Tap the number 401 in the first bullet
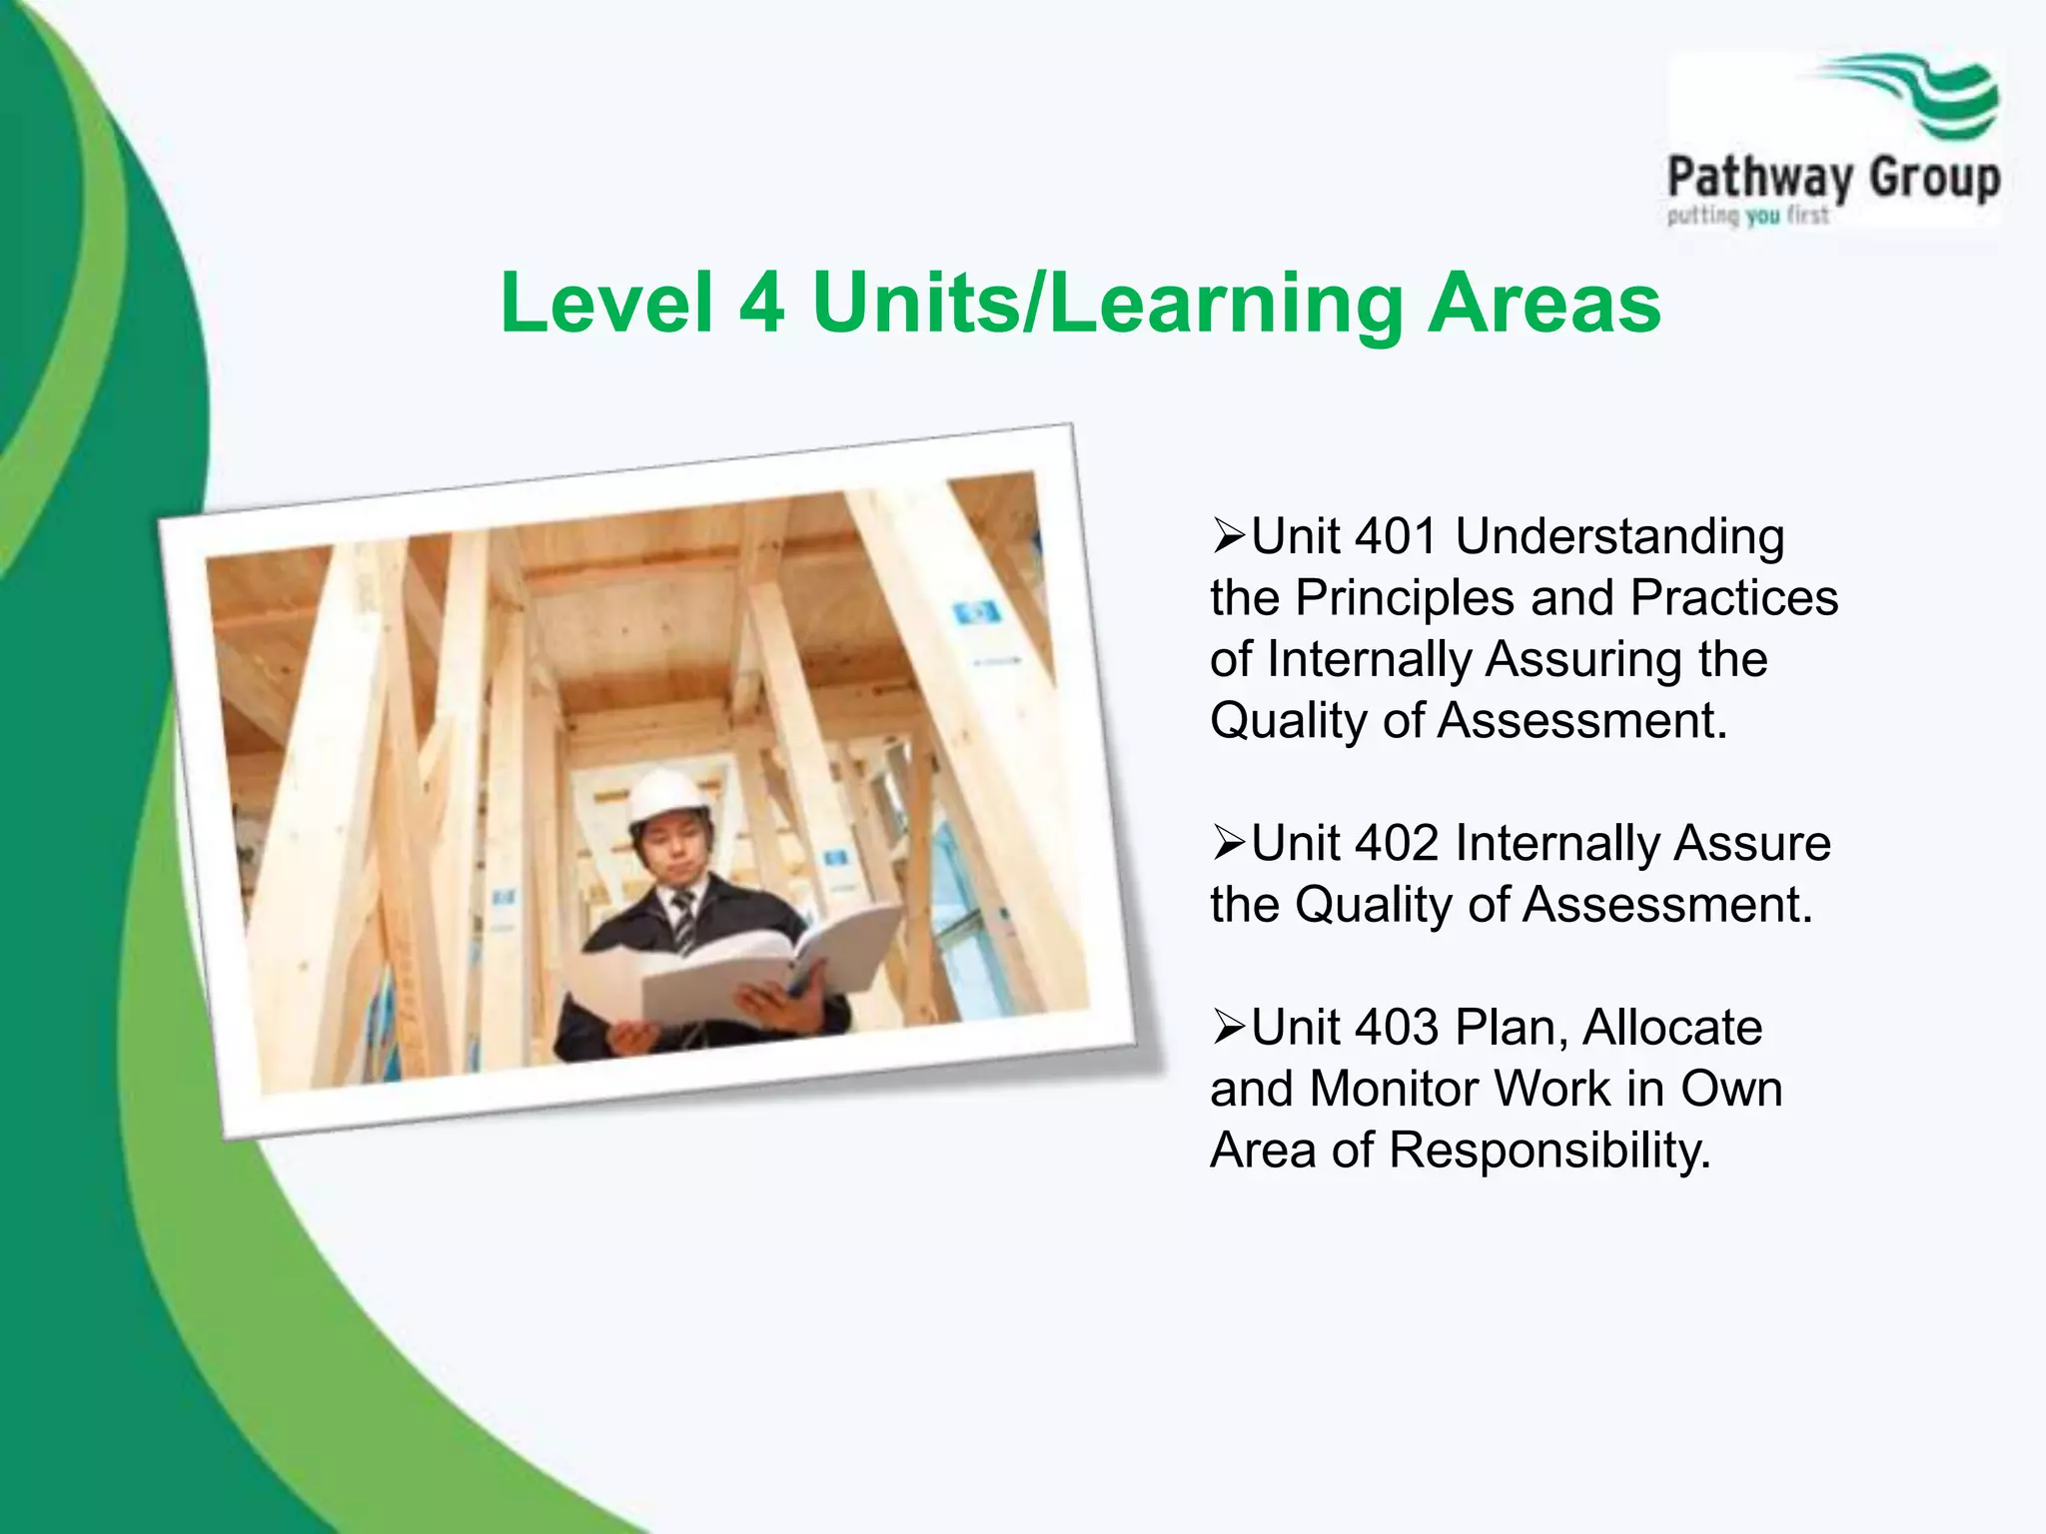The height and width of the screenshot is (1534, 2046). tap(1396, 536)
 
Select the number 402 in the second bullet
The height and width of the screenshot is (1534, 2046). tap(1396, 843)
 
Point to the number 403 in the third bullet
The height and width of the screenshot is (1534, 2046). tap(1396, 1028)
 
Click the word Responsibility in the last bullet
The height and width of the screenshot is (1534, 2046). tap(1550, 1151)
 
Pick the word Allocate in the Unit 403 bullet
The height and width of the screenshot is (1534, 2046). tap(1672, 1028)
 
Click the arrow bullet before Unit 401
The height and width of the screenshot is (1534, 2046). tap(1228, 537)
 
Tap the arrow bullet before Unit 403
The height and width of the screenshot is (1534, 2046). tap(1228, 1028)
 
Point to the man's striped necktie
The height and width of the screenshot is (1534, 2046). tap(684, 919)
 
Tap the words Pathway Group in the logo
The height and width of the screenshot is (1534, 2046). tap(1833, 180)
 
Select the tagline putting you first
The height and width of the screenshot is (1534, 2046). tap(1747, 215)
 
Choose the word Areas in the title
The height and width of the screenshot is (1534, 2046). tap(1544, 304)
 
